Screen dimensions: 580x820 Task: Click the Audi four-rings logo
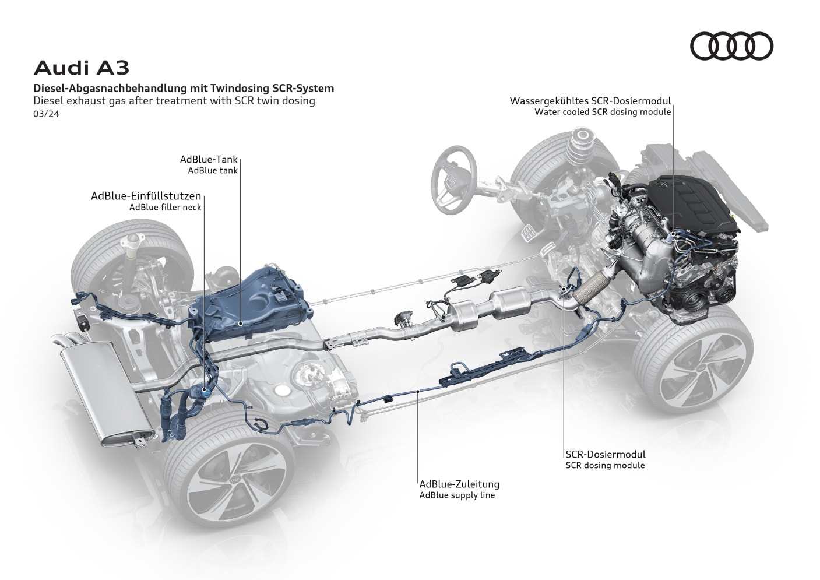tap(731, 46)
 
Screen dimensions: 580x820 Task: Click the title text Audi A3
tap(82, 68)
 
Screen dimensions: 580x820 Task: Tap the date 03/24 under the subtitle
tap(46, 114)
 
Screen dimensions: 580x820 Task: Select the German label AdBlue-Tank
tap(209, 160)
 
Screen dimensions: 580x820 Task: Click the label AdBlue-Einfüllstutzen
tap(146, 196)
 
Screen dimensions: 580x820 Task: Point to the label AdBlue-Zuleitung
tap(459, 484)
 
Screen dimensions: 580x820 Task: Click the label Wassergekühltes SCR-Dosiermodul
tap(590, 100)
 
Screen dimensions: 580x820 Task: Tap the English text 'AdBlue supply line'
tap(457, 495)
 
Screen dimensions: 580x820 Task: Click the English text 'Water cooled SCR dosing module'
tap(603, 112)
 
